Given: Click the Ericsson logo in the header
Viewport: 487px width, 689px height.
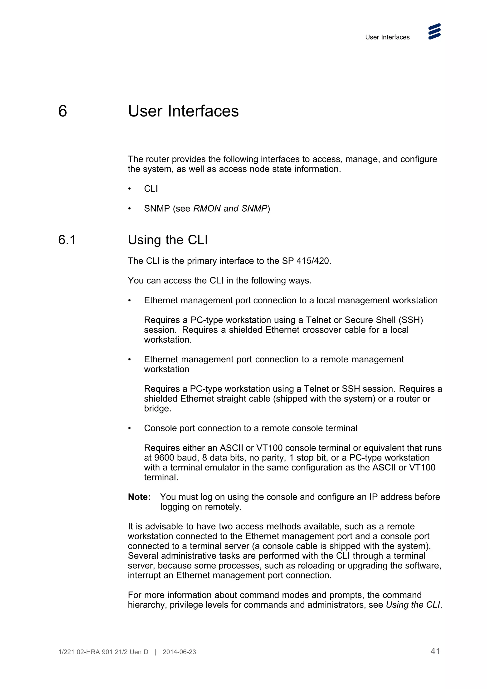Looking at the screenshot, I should pos(434,32).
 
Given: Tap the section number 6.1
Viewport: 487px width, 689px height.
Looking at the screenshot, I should pos(67,240).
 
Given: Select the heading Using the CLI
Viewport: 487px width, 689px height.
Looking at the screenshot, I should pos(168,240).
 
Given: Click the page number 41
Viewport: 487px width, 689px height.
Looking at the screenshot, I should pos(435,651).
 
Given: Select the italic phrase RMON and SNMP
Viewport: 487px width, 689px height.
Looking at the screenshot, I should pos(230,208).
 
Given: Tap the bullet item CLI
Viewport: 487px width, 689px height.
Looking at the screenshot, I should pos(151,189).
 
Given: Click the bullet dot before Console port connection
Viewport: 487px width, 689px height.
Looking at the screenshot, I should pos(130,428).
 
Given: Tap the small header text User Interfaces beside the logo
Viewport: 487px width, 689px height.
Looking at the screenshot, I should pos(387,37).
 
